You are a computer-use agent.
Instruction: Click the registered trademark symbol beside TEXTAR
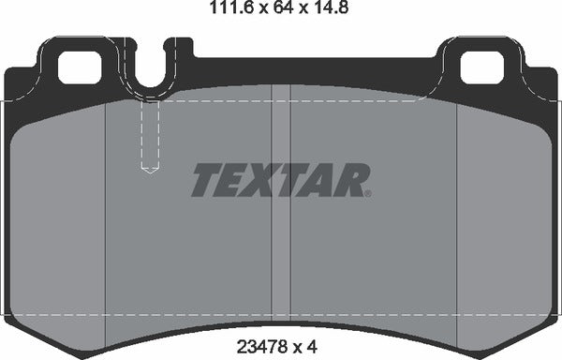370,193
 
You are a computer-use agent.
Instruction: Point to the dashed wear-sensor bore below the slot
150,136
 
